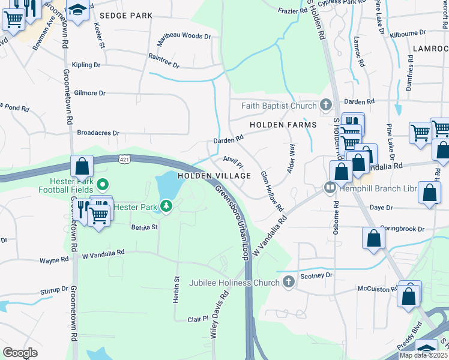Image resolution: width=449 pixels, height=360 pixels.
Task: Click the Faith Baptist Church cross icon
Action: coord(326,106)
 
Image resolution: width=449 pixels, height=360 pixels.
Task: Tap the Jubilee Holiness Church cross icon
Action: coord(289,282)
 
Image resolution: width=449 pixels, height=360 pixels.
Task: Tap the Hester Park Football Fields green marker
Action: coord(103,184)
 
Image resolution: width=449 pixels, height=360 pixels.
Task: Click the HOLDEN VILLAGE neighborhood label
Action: coord(214,176)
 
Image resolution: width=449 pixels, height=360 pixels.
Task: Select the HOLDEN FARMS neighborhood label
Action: coord(283,125)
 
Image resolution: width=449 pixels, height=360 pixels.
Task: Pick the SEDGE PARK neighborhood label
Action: coord(126,15)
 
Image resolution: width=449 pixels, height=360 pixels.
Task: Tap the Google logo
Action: coord(20,352)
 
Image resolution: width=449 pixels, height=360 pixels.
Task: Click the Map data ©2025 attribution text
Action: coord(423,355)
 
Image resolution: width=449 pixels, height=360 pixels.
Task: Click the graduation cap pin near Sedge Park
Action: coord(77,8)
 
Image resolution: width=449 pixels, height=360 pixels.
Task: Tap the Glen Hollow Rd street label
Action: coord(272,191)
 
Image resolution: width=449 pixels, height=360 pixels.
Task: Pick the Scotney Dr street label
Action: coord(316,275)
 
